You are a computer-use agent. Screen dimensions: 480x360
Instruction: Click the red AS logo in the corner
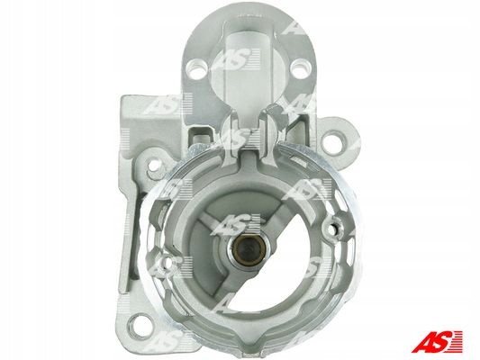437,341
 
